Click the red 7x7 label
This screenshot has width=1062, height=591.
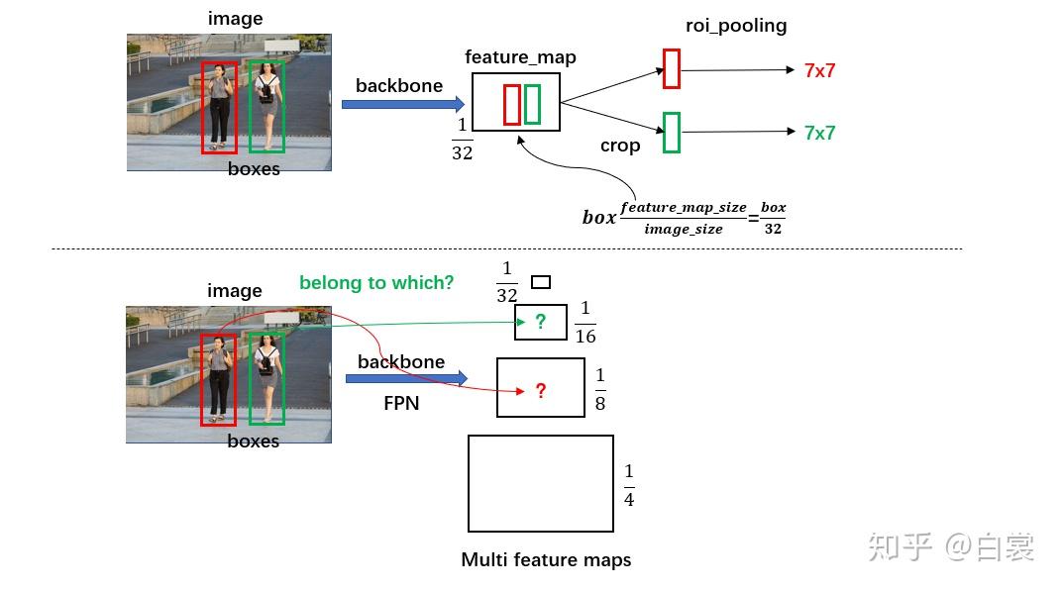tap(819, 70)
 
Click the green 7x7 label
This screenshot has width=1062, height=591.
tap(819, 133)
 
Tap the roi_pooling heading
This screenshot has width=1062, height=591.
tap(736, 26)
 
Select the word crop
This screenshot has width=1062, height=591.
tap(620, 146)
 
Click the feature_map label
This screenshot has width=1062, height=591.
tap(520, 57)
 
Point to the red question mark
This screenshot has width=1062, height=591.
tap(541, 391)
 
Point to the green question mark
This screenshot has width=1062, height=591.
tap(541, 322)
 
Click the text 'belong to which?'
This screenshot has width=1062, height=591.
tap(376, 282)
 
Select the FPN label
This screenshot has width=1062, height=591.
tap(401, 404)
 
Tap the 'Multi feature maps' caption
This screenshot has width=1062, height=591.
tap(546, 560)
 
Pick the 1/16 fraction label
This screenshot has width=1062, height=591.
tap(585, 323)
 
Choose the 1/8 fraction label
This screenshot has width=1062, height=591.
tap(600, 390)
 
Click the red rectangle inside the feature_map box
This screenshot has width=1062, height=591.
tap(504, 105)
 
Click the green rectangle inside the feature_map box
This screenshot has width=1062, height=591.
tap(525, 104)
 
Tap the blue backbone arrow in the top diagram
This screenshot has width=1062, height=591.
tap(403, 104)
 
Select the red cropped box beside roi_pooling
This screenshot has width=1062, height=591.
tap(664, 68)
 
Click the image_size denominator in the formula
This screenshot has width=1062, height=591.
tap(684, 230)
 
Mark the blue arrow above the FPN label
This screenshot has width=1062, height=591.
tap(406, 378)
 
